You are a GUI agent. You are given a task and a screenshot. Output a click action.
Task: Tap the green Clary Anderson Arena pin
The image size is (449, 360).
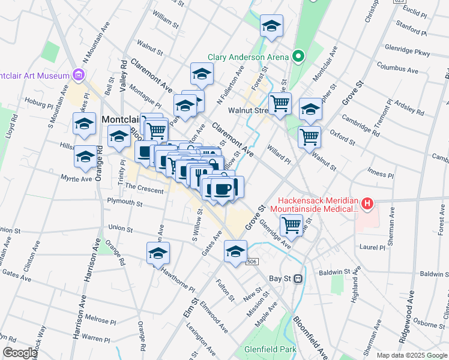click(x=299, y=58)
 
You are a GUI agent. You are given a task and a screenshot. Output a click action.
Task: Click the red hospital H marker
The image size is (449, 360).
click(x=367, y=205)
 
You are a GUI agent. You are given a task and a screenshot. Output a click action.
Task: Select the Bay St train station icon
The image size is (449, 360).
click(x=297, y=278)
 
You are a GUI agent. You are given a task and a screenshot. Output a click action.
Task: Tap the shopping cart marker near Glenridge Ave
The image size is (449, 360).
click(x=292, y=225)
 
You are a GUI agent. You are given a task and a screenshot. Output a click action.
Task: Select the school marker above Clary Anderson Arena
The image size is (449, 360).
click(x=271, y=26)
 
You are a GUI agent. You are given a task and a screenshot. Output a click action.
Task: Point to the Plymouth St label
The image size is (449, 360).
click(x=124, y=203)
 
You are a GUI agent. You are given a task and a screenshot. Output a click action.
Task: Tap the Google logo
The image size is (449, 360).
click(x=19, y=353)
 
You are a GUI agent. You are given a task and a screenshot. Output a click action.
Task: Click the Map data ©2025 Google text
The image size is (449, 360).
click(x=412, y=355)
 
